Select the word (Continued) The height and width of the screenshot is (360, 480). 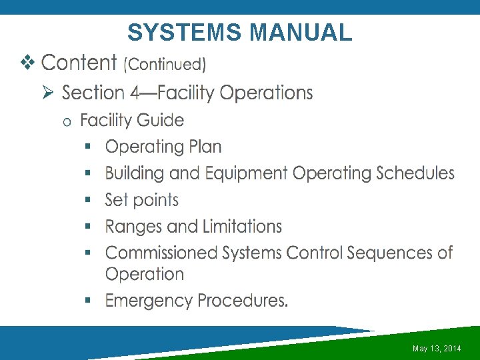165,64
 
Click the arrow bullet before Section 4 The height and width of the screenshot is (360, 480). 48,93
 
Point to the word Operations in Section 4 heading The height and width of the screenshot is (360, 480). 266,93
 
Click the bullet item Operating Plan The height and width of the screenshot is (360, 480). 163,147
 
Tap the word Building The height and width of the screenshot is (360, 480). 135,173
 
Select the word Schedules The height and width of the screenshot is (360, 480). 415,173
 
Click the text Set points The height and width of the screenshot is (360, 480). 142,200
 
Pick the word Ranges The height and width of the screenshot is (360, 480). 134,227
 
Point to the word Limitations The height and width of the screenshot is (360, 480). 242,227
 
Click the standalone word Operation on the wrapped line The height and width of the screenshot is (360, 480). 145,274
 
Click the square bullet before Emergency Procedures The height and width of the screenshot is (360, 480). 88,301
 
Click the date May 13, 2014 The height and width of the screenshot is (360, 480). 437,349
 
